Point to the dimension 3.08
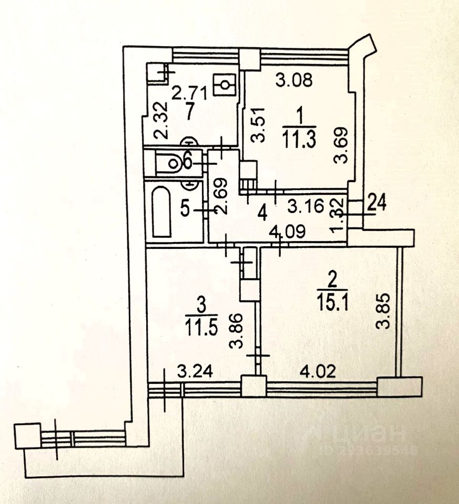click(x=295, y=81)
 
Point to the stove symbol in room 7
click(x=226, y=83)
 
